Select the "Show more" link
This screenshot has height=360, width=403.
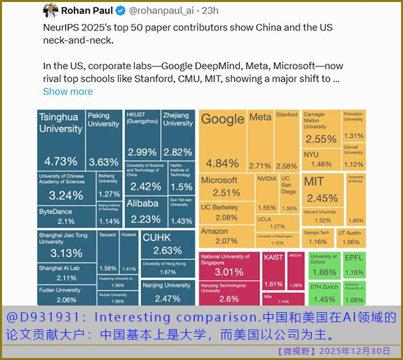68,92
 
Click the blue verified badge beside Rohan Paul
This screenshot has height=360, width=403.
120,11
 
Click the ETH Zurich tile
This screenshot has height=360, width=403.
323,292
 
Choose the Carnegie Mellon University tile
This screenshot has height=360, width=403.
321,130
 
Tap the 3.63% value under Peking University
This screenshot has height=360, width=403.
104,161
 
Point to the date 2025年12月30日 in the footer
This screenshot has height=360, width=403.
354,351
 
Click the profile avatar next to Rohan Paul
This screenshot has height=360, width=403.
51,11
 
